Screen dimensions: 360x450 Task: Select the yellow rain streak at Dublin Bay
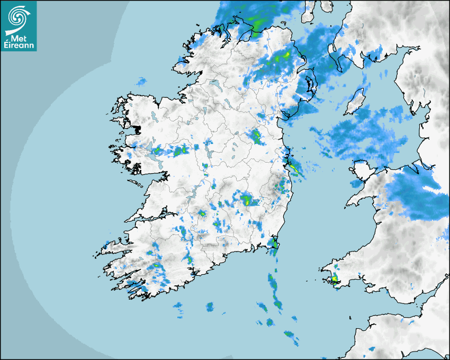pyautogui.click(x=293, y=169)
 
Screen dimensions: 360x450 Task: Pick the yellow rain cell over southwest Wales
pyautogui.click(x=334, y=278)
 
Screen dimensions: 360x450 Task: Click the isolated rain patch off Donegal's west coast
pyautogui.click(x=141, y=82)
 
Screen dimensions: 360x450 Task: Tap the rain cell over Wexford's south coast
pyautogui.click(x=273, y=244)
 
